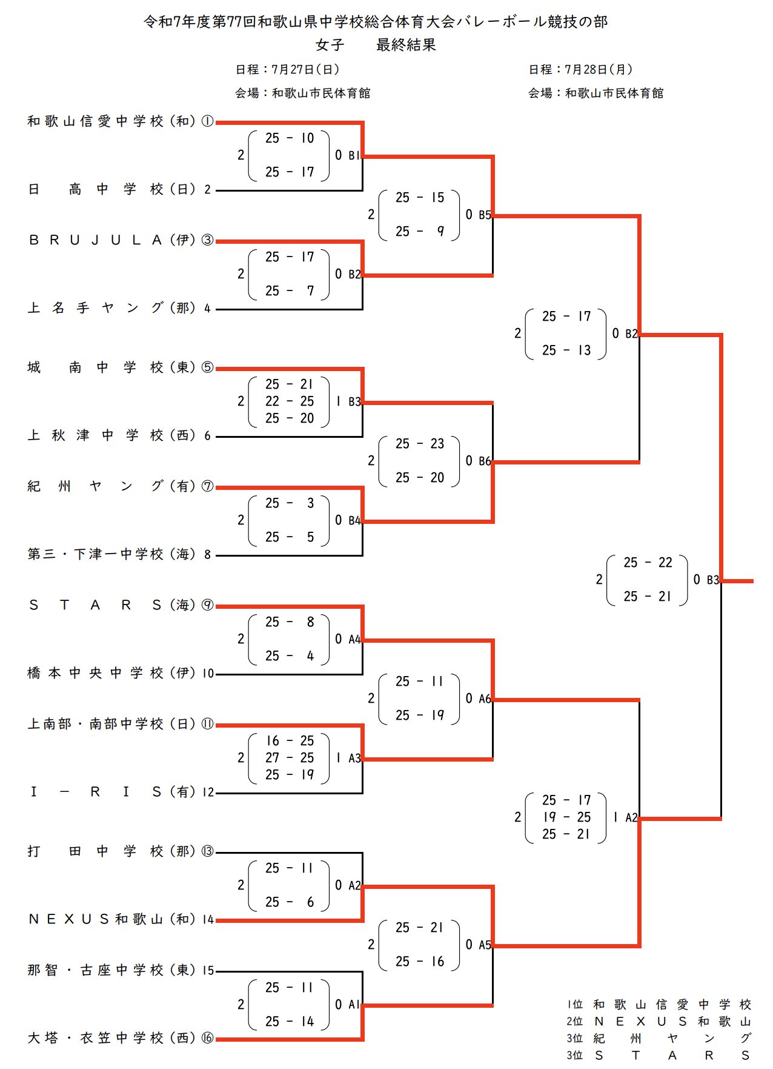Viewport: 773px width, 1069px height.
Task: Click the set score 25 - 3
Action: coord(290,503)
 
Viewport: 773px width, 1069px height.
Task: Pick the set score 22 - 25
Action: coord(290,401)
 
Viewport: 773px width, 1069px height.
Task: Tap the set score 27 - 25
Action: coord(290,758)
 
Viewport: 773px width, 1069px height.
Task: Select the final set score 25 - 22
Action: coord(648,563)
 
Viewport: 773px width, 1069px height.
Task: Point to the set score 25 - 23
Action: coord(420,444)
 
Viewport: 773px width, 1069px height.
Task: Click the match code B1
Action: coord(354,156)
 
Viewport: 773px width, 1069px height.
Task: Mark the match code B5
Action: coord(485,215)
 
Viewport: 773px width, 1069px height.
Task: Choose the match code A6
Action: coord(485,699)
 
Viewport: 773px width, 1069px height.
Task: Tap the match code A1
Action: coord(354,1005)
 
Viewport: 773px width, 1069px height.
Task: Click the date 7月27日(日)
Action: coord(305,70)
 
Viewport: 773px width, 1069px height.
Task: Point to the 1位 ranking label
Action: coord(574,1005)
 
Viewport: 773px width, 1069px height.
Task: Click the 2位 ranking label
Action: coord(574,1022)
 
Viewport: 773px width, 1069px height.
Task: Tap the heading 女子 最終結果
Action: coord(376,45)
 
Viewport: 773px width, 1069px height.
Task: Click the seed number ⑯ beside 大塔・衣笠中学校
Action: coord(207,1038)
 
